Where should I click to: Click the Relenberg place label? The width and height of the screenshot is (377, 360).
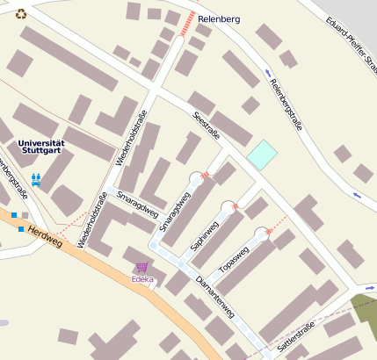point(219,18)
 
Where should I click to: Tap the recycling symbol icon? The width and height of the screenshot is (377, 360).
point(21,12)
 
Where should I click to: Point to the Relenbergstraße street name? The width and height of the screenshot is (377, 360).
point(286,104)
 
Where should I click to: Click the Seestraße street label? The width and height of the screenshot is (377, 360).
point(206,126)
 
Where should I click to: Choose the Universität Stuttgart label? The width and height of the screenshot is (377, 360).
point(41,147)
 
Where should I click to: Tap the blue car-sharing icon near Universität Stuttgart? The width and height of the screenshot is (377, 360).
point(36,179)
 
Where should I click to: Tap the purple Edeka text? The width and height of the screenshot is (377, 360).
point(141,279)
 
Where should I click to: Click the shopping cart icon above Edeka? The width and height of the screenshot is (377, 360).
point(141,267)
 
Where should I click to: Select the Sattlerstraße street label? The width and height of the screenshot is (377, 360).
point(295,337)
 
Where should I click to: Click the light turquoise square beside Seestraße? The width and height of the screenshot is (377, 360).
point(262,155)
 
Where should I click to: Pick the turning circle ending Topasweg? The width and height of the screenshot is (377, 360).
point(262,234)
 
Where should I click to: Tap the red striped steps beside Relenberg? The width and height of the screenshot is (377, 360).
point(186,24)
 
